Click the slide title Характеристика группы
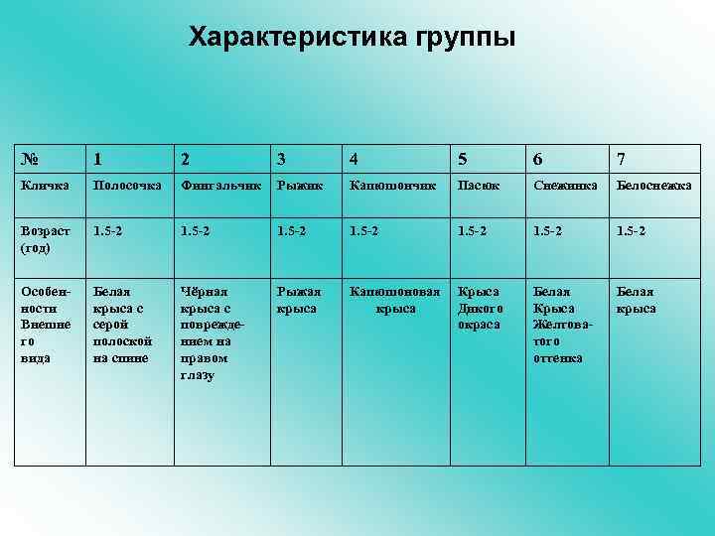coord(353,38)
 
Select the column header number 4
coord(355,159)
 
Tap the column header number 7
coord(621,159)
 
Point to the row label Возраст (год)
coord(42,238)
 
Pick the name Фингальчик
coord(220,185)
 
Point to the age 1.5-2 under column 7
coord(633,230)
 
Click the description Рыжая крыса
coord(299,300)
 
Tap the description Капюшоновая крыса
coord(394,300)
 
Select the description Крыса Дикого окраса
coord(481,308)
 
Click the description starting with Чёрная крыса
coord(210,333)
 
